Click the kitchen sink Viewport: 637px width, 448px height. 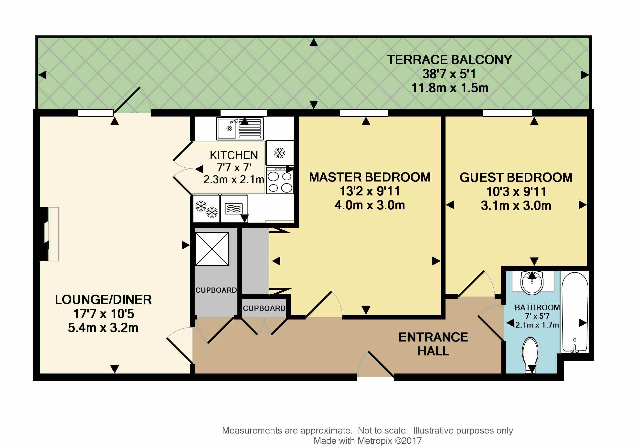click(240, 128)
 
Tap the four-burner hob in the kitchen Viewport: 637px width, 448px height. click(280, 180)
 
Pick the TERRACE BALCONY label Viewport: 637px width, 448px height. click(449, 60)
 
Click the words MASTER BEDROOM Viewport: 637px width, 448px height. click(370, 177)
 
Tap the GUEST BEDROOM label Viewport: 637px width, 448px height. click(516, 178)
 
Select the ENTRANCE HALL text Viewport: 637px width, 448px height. click(433, 344)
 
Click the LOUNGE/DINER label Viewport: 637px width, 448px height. click(103, 299)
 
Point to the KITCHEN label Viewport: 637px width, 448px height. click(234, 155)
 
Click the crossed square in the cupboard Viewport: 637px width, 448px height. click(212, 249)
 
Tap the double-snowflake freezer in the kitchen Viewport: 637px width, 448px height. click(206, 209)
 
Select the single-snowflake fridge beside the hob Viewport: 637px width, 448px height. click(280, 153)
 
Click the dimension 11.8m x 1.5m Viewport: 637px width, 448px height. click(450, 88)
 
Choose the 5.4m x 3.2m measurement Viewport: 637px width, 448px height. click(103, 328)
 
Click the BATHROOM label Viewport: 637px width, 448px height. click(537, 307)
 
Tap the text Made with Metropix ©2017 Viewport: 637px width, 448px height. click(368, 440)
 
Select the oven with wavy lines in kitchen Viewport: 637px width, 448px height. click(234, 209)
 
